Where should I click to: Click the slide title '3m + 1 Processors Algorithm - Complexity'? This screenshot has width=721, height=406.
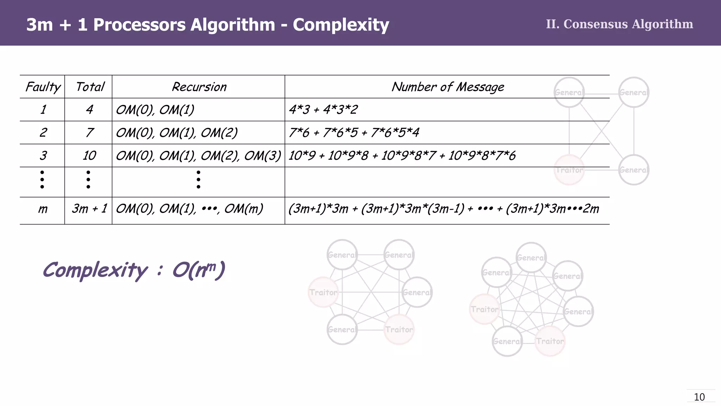coord(208,25)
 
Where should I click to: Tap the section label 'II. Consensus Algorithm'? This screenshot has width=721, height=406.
coord(619,24)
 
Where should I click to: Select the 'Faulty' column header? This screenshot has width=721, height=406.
coord(43,87)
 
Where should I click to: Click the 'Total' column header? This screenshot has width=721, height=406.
coord(90,87)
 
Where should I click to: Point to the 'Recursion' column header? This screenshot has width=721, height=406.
coord(199,87)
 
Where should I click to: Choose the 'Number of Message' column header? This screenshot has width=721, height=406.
coord(447,87)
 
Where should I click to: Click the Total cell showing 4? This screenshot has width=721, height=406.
coord(89,110)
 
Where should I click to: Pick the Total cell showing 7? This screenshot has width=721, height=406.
coord(89,133)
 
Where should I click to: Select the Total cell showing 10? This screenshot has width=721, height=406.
coord(89,155)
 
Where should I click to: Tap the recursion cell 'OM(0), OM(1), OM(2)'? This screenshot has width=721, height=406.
coord(177,133)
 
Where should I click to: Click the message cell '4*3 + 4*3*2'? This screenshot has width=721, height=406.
coord(323,110)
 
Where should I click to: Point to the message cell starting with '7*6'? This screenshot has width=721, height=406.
coord(354,133)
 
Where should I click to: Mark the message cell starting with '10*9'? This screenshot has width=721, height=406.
coord(402,155)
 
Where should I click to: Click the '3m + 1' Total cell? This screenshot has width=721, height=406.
coord(89,209)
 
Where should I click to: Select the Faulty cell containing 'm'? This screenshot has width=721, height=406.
coord(43,209)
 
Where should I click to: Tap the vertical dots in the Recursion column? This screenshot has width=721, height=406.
coord(199,179)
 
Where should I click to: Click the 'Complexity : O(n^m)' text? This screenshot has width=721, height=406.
coord(134,270)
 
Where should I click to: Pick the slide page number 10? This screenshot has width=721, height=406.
coord(699,397)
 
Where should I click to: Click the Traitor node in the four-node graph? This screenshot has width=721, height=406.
coord(569,170)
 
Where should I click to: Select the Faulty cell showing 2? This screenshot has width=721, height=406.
coord(43,133)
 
